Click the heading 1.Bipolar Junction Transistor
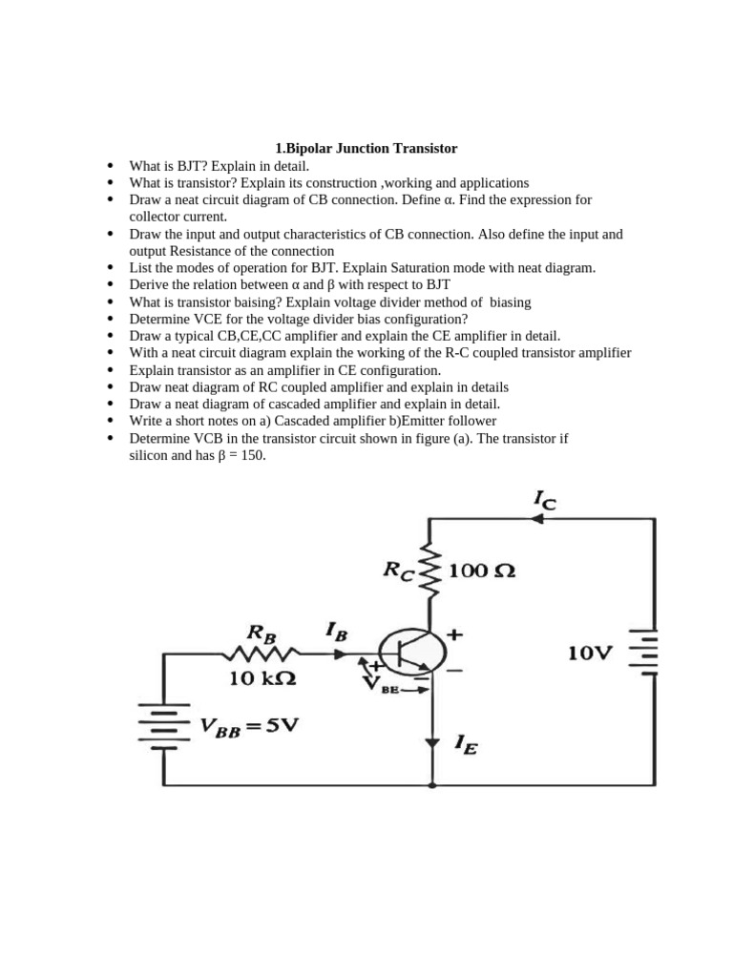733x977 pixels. [x=366, y=149]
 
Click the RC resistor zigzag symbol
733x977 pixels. [x=430, y=572]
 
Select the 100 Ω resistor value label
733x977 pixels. [x=482, y=572]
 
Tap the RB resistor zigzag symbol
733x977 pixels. [x=261, y=655]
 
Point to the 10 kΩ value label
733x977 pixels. [x=262, y=680]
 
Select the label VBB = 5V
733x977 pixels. [x=249, y=727]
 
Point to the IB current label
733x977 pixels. [x=336, y=631]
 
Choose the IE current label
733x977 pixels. [x=467, y=743]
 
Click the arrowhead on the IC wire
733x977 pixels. [x=536, y=519]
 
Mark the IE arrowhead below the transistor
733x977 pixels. [x=432, y=742]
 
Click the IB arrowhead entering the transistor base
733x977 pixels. [x=341, y=655]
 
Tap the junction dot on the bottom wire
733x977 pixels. [x=432, y=785]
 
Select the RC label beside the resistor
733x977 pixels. [x=397, y=571]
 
